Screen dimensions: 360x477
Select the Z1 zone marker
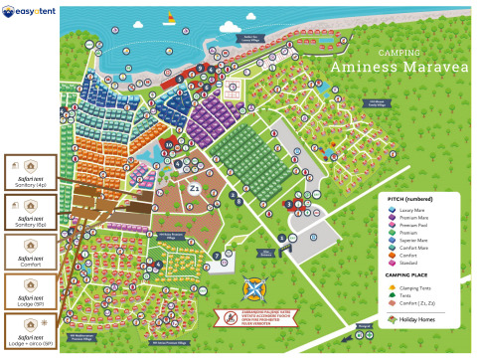point(195,188)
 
